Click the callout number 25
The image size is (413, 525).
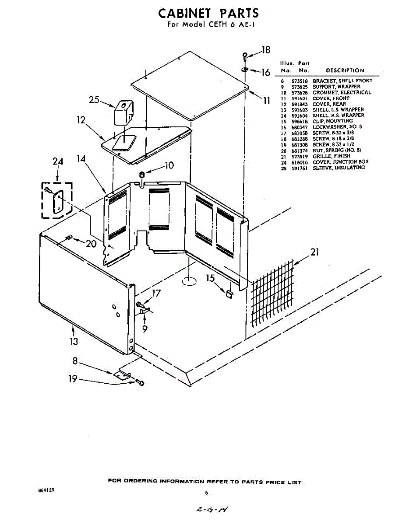click(94, 100)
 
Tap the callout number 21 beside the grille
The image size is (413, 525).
click(315, 252)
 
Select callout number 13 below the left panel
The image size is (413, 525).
click(74, 341)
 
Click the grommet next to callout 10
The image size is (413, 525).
click(142, 175)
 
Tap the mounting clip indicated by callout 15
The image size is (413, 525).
click(229, 294)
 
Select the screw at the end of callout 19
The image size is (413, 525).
click(141, 383)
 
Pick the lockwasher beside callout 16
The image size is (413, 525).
click(245, 70)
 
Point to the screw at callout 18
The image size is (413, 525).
click(245, 55)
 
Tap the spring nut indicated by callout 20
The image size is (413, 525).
click(69, 238)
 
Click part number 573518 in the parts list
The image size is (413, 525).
click(300, 81)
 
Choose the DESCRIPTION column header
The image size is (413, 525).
click(345, 70)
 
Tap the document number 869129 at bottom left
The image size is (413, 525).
click(47, 490)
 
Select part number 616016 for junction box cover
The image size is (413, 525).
click(300, 162)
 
